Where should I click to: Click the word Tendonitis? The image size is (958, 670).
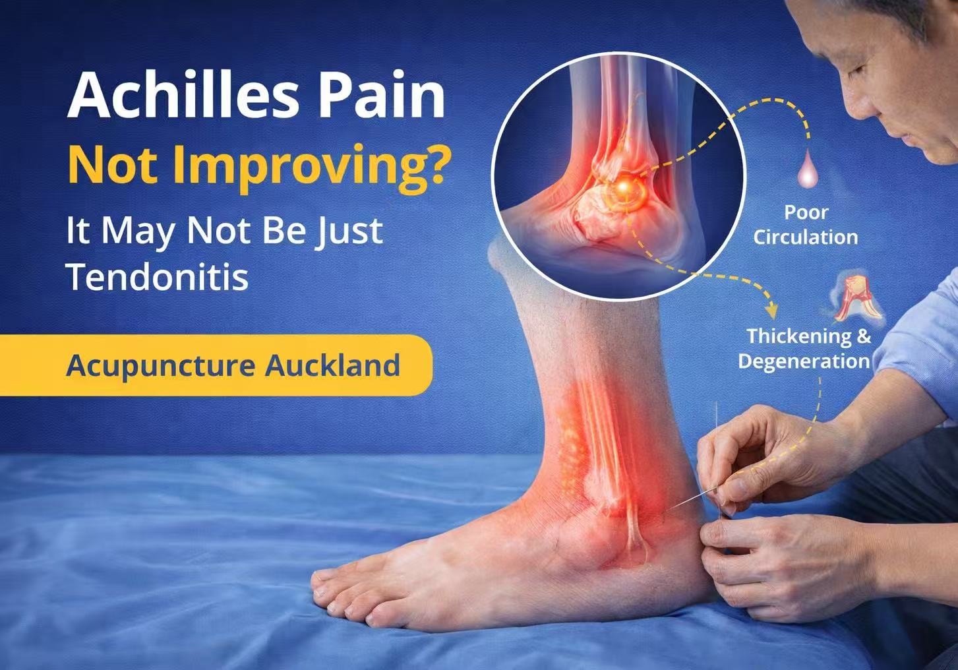click(x=158, y=277)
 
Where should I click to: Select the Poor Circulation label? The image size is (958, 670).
click(x=806, y=224)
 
